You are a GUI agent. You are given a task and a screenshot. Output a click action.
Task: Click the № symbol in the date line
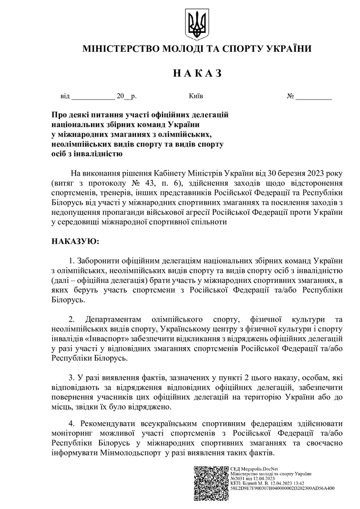point(290,97)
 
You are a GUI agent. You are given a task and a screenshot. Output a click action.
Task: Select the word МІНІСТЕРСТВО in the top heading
point(120,49)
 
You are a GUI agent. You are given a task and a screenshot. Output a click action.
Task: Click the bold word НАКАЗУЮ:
point(75,241)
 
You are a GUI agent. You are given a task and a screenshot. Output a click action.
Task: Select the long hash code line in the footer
point(282,489)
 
